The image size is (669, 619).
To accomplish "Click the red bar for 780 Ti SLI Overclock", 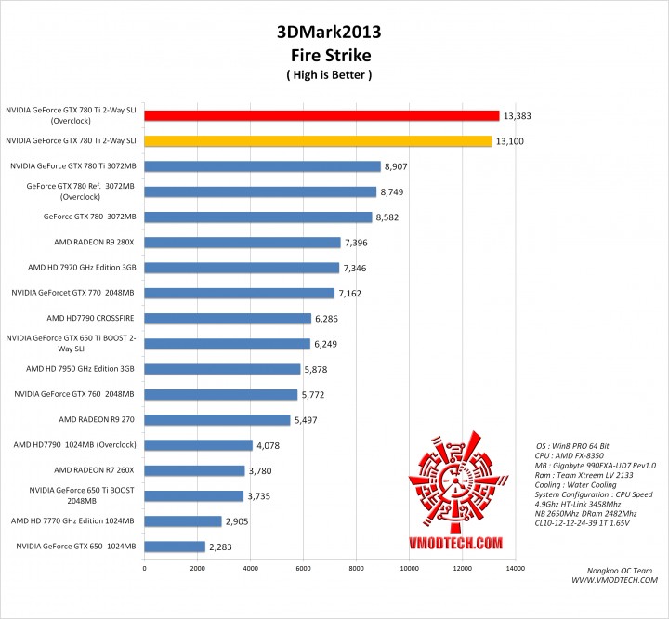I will click(321, 116).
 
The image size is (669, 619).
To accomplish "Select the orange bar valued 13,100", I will click(317, 141).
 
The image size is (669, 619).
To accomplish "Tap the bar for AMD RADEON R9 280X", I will click(242, 243).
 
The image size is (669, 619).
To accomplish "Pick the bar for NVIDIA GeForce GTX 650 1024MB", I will click(174, 547).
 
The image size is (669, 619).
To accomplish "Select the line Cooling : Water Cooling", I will click(577, 484).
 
